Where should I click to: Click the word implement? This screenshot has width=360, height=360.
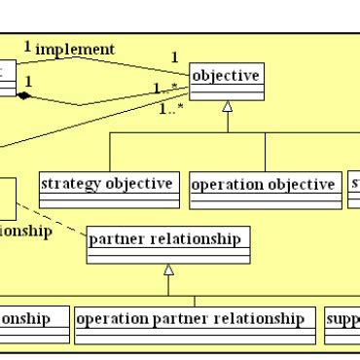coord(75,49)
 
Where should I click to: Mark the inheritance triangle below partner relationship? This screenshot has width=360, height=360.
coord(168,269)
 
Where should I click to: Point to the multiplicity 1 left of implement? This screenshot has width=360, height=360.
coord(27,46)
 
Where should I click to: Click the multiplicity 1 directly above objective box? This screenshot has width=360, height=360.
coord(175,57)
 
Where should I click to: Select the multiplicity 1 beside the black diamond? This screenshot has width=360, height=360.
coord(28,82)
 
